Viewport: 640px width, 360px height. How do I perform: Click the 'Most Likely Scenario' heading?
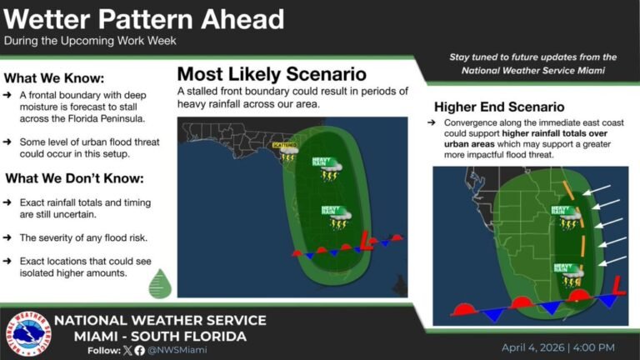[x=272, y=73]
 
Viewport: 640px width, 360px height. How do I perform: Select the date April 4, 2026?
[x=533, y=347]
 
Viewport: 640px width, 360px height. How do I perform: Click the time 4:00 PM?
[x=592, y=347]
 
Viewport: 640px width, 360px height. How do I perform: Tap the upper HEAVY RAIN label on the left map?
[x=321, y=161]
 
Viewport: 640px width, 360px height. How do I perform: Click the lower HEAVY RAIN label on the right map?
[x=564, y=266]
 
